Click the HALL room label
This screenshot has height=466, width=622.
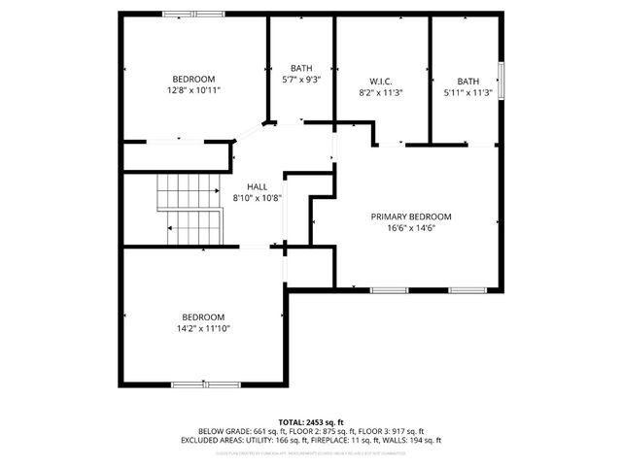click(257, 186)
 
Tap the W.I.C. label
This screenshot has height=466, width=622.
click(380, 82)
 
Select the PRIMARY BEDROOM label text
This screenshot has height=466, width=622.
click(411, 216)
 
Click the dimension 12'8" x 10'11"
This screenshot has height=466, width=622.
click(193, 90)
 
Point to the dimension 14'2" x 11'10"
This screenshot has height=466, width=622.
click(203, 328)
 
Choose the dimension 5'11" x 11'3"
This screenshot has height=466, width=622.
click(468, 93)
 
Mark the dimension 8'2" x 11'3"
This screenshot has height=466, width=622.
click(380, 93)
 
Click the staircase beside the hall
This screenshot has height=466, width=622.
click(190, 210)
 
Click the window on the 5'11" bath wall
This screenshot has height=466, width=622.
click(501, 79)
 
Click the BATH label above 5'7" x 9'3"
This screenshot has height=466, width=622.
click(301, 68)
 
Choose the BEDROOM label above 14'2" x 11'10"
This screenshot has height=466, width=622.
click(203, 317)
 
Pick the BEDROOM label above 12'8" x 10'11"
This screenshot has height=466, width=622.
click(193, 80)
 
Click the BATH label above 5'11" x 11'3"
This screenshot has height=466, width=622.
click(468, 82)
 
